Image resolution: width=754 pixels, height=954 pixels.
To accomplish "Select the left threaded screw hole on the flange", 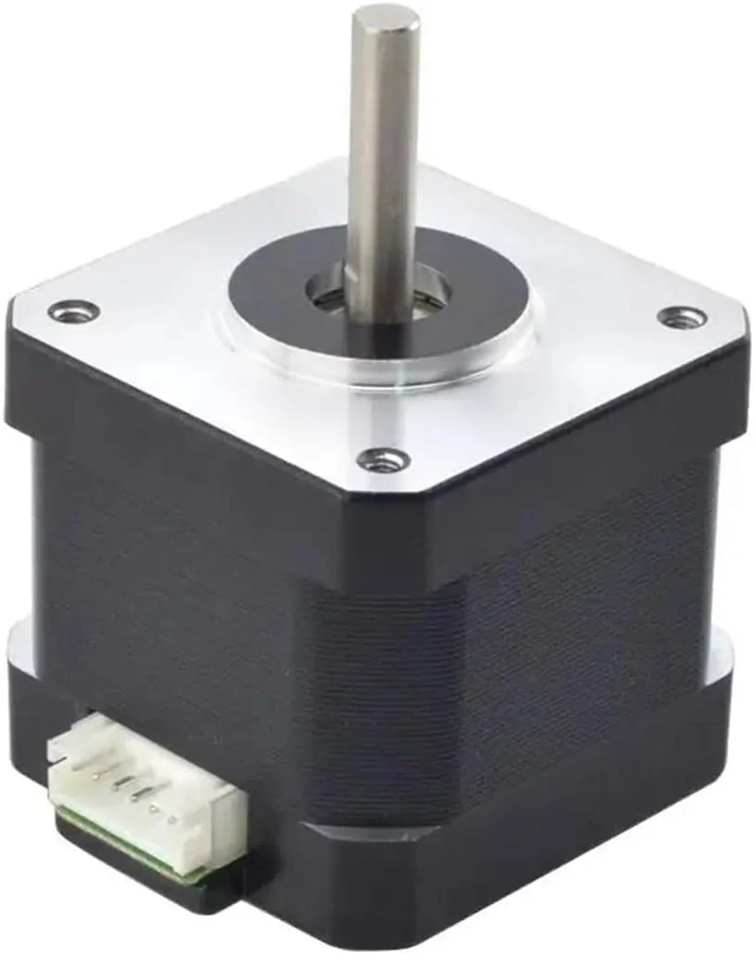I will click(74, 312).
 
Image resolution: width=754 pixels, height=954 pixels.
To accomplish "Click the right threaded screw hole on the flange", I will click(682, 318).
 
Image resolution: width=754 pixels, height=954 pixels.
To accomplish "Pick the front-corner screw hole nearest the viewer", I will click(383, 458).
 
